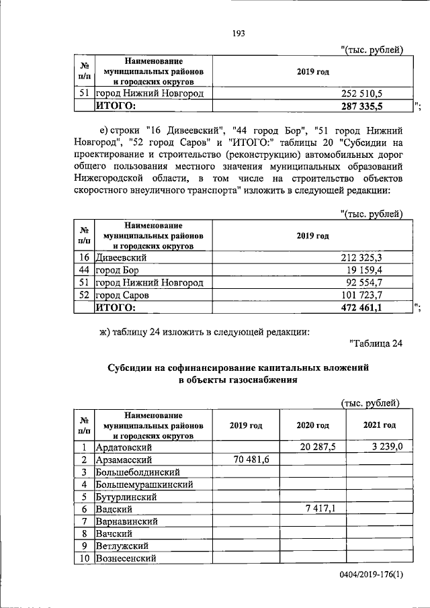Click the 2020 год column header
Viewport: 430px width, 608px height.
[x=312, y=425]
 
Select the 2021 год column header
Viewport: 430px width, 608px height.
[x=379, y=425]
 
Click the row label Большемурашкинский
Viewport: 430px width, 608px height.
[x=145, y=484]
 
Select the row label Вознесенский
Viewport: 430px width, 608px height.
[x=126, y=558]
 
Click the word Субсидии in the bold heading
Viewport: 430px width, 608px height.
[x=130, y=368]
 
